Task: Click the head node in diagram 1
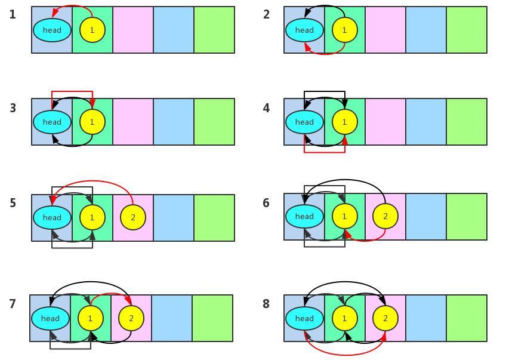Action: pos(52,30)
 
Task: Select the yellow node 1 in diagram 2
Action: pos(344,30)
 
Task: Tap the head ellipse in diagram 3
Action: pos(52,122)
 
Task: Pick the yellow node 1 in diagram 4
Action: pos(344,122)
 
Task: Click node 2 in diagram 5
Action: pos(133,217)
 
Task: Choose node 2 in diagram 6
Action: pos(385,216)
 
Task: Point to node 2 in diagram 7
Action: pos(131,318)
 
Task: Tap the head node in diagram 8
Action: pos(304,318)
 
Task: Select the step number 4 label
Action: pos(266,108)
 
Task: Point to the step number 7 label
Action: pos(13,304)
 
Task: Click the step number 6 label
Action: pos(266,203)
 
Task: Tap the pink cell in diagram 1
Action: pos(133,30)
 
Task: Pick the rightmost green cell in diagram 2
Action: pos(467,30)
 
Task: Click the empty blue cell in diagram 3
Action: pos(174,122)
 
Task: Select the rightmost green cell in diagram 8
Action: pos(467,318)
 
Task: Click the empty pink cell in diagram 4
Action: pos(385,122)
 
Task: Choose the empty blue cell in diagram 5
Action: pos(174,217)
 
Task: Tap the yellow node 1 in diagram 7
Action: pos(90,318)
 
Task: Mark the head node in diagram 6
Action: pos(304,216)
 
